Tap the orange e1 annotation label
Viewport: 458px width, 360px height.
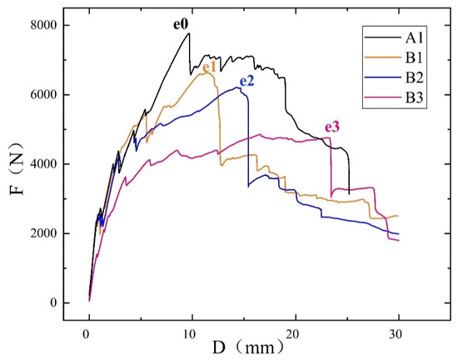point(210,66)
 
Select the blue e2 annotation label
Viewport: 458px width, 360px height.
point(247,81)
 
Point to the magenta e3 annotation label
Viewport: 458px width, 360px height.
point(332,127)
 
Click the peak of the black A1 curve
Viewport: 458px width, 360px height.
point(189,32)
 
